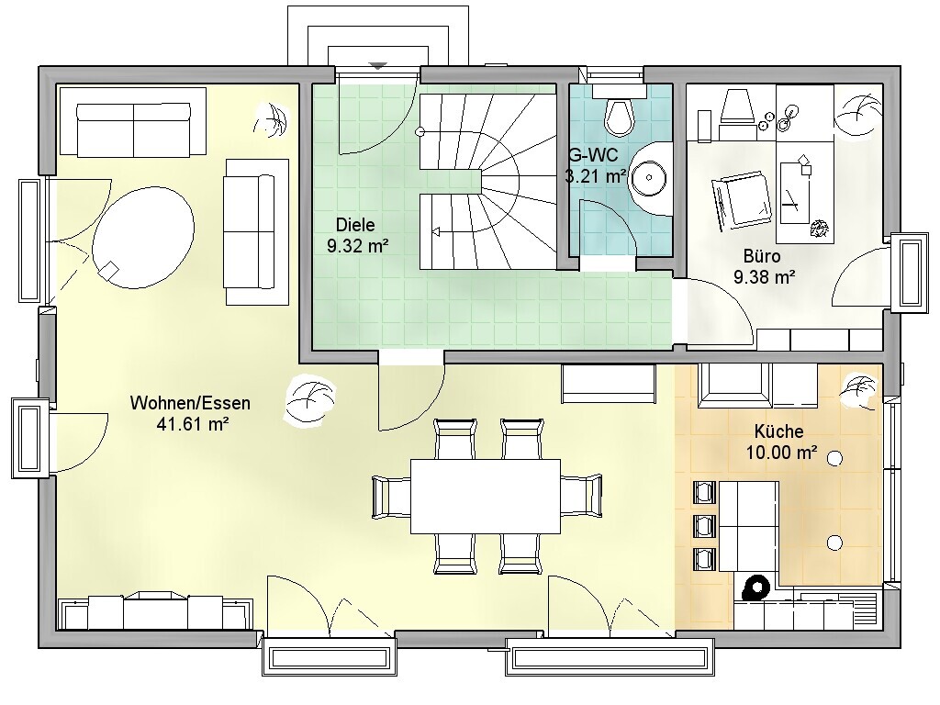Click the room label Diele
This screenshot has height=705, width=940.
355,226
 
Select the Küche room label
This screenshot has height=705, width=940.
778,431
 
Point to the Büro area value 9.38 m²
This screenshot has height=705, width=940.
765,277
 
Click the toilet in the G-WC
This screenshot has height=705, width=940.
619,113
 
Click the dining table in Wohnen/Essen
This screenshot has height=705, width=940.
486,497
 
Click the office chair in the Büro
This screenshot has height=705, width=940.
742,199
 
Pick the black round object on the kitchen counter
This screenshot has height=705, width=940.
756,587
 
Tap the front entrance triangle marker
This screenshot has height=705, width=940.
377,66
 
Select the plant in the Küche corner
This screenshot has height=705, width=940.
859,393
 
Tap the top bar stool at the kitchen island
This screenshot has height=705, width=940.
705,492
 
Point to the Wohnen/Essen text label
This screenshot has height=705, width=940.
190,403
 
